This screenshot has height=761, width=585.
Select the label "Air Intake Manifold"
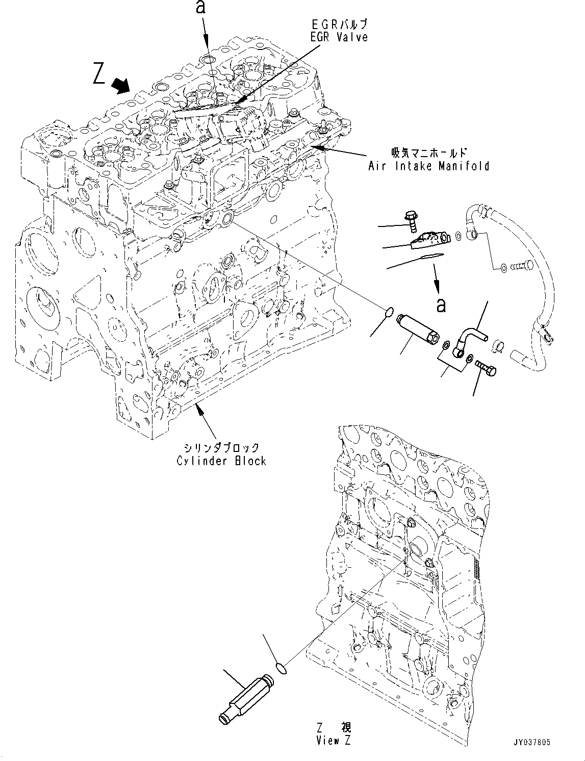coord(428,165)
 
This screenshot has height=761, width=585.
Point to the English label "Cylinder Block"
coord(221,461)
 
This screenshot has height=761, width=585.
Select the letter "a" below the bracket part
coord(441,305)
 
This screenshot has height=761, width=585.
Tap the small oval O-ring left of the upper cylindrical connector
coord(388,312)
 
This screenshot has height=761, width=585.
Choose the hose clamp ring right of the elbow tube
coord(498,346)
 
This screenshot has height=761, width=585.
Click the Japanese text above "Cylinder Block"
coord(221,447)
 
